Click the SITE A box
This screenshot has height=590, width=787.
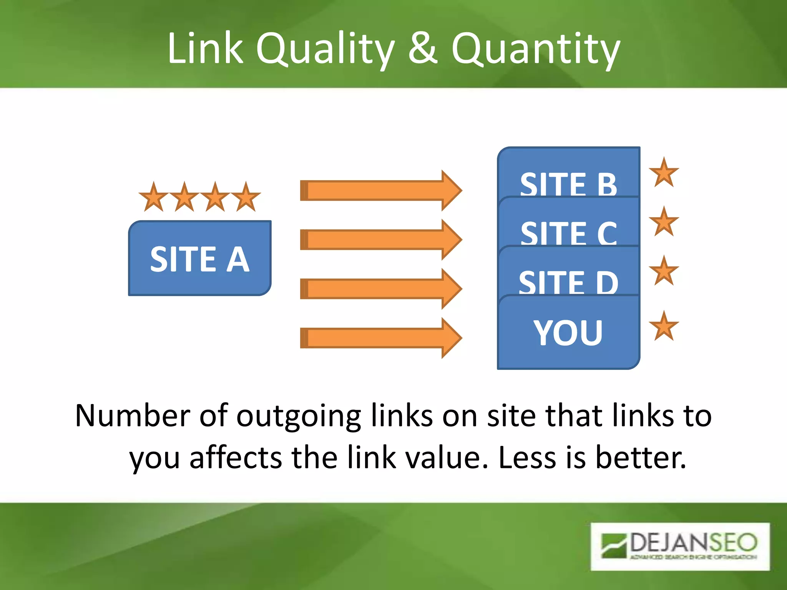pos(200,258)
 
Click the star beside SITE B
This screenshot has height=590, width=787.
pos(664,173)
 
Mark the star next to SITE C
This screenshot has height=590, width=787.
pos(664,222)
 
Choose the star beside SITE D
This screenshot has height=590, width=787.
pos(664,271)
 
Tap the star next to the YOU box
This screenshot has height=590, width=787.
pos(664,326)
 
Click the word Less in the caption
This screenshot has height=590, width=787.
pos(527,457)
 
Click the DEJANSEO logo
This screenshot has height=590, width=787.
pos(680,546)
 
